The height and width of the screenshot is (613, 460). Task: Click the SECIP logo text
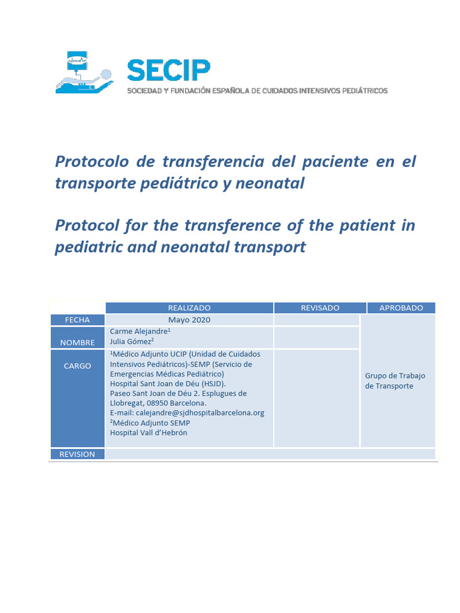click(168, 71)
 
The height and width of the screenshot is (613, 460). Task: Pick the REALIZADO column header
click(189, 308)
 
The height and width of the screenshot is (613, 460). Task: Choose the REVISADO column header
click(320, 308)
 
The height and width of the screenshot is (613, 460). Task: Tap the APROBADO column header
click(401, 308)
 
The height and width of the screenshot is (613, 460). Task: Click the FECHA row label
click(77, 320)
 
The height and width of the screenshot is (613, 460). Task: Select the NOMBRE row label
click(77, 342)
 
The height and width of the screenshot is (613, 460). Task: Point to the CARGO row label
click(77, 366)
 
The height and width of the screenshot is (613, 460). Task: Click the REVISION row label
click(77, 454)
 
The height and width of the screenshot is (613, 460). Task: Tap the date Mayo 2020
click(189, 320)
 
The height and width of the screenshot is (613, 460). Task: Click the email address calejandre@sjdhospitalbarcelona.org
click(187, 413)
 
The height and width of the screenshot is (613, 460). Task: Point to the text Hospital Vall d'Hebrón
click(149, 433)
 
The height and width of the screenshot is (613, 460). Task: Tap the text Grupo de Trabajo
click(395, 376)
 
